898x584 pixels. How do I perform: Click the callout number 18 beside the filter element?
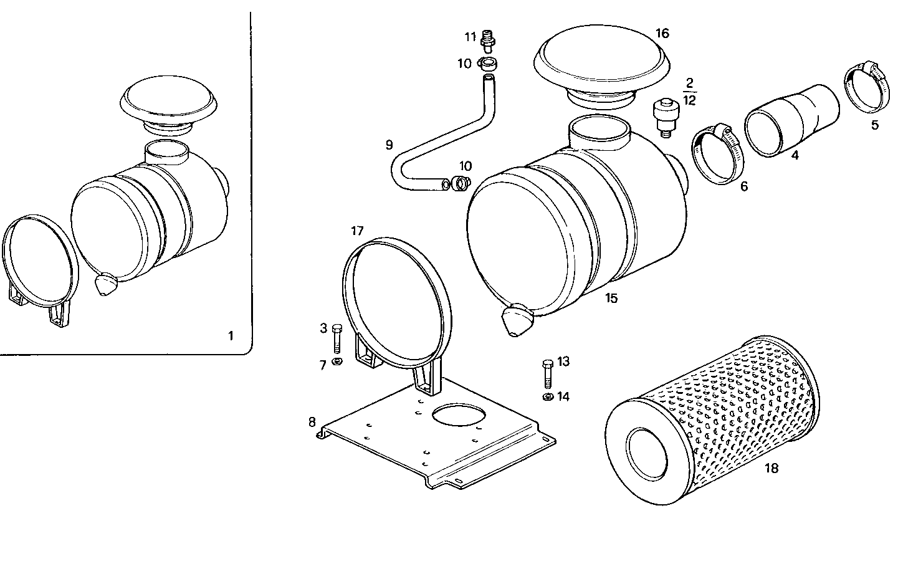pyautogui.click(x=771, y=469)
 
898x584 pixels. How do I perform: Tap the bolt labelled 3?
pyautogui.click(x=338, y=339)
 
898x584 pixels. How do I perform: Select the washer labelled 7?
pyautogui.click(x=337, y=361)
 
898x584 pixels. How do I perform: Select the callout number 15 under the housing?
pyautogui.click(x=611, y=299)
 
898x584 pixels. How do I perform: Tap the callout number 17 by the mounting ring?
pyautogui.click(x=356, y=231)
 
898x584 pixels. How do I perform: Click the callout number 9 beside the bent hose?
pyautogui.click(x=389, y=145)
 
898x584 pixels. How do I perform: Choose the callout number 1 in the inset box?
pyautogui.click(x=231, y=336)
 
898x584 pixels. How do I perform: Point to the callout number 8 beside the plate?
pyautogui.click(x=312, y=422)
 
